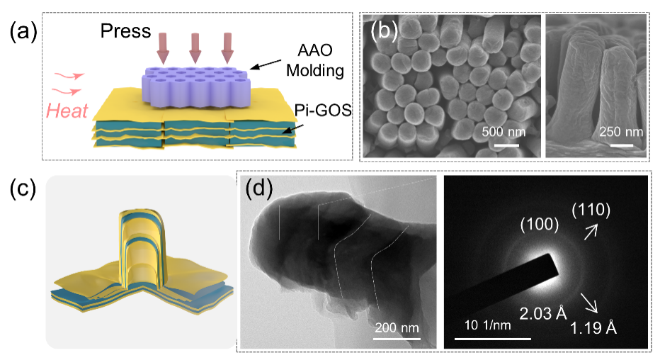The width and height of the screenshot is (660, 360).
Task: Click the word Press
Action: point(125,32)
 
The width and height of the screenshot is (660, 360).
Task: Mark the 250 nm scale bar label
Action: point(621,131)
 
